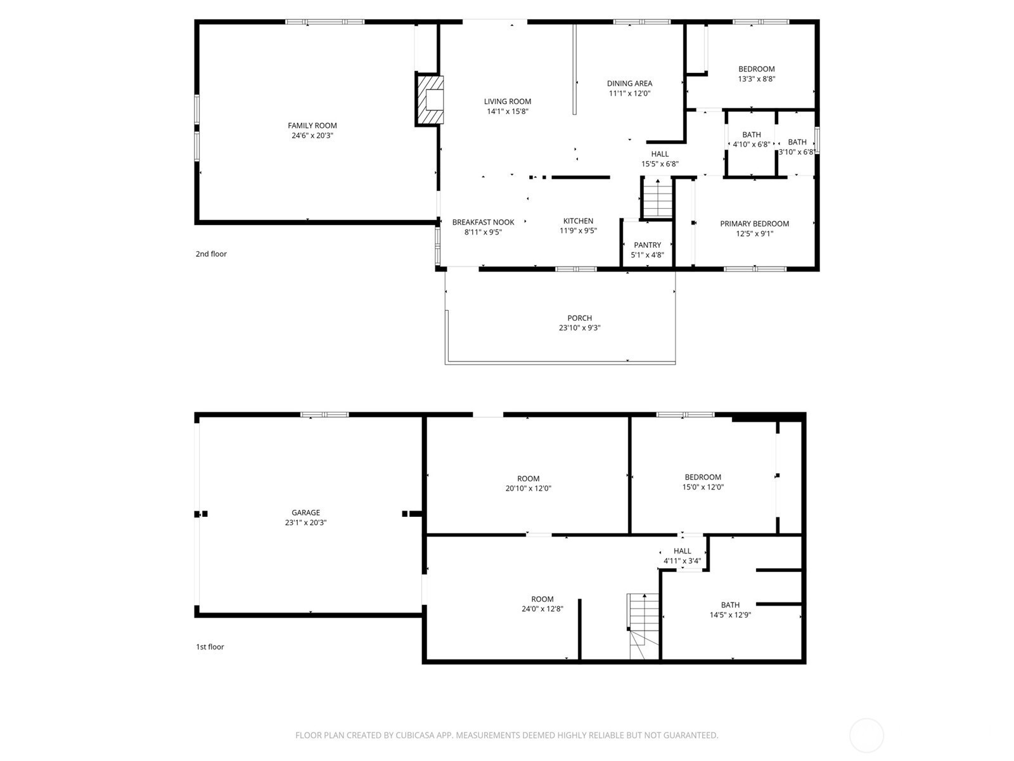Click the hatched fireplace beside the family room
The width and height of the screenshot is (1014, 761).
(430, 100)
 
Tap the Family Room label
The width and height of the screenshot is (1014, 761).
(312, 126)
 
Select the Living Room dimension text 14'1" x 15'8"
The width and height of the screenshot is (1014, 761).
(508, 112)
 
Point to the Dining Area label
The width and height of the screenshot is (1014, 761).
(630, 84)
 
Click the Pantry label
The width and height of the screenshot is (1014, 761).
(647, 245)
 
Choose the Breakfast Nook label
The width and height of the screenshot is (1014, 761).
(483, 222)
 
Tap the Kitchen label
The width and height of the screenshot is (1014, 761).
(579, 221)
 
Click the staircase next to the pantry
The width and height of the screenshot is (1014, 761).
(657, 198)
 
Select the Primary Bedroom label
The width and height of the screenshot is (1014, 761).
(754, 224)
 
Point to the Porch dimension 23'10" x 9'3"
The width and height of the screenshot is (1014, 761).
(580, 328)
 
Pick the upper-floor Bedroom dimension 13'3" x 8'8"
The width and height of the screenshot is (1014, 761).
(757, 79)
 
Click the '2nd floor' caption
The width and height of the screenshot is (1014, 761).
(211, 254)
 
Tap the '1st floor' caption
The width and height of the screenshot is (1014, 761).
(210, 647)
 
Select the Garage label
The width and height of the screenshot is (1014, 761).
(306, 512)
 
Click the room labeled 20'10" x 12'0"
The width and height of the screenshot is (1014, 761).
(529, 483)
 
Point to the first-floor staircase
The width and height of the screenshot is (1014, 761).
(643, 626)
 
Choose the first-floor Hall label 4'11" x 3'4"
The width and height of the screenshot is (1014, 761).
(683, 556)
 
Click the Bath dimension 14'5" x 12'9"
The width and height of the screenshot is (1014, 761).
(730, 615)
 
